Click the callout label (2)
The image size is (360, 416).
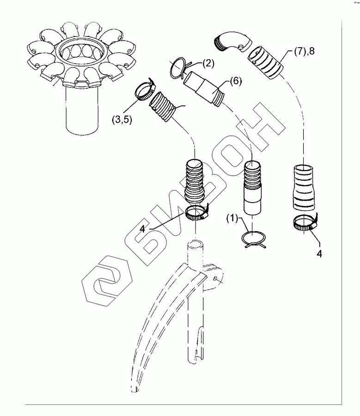click(207, 64)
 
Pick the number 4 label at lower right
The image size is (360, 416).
click(320, 254)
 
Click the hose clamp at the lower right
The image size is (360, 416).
click(305, 224)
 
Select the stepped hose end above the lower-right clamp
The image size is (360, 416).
click(304, 187)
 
